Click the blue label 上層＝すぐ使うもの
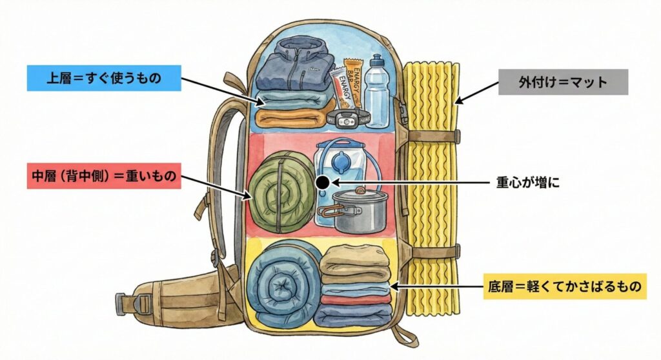click(103, 77)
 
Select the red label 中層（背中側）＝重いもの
click(103, 175)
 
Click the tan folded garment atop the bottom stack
click(354, 261)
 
